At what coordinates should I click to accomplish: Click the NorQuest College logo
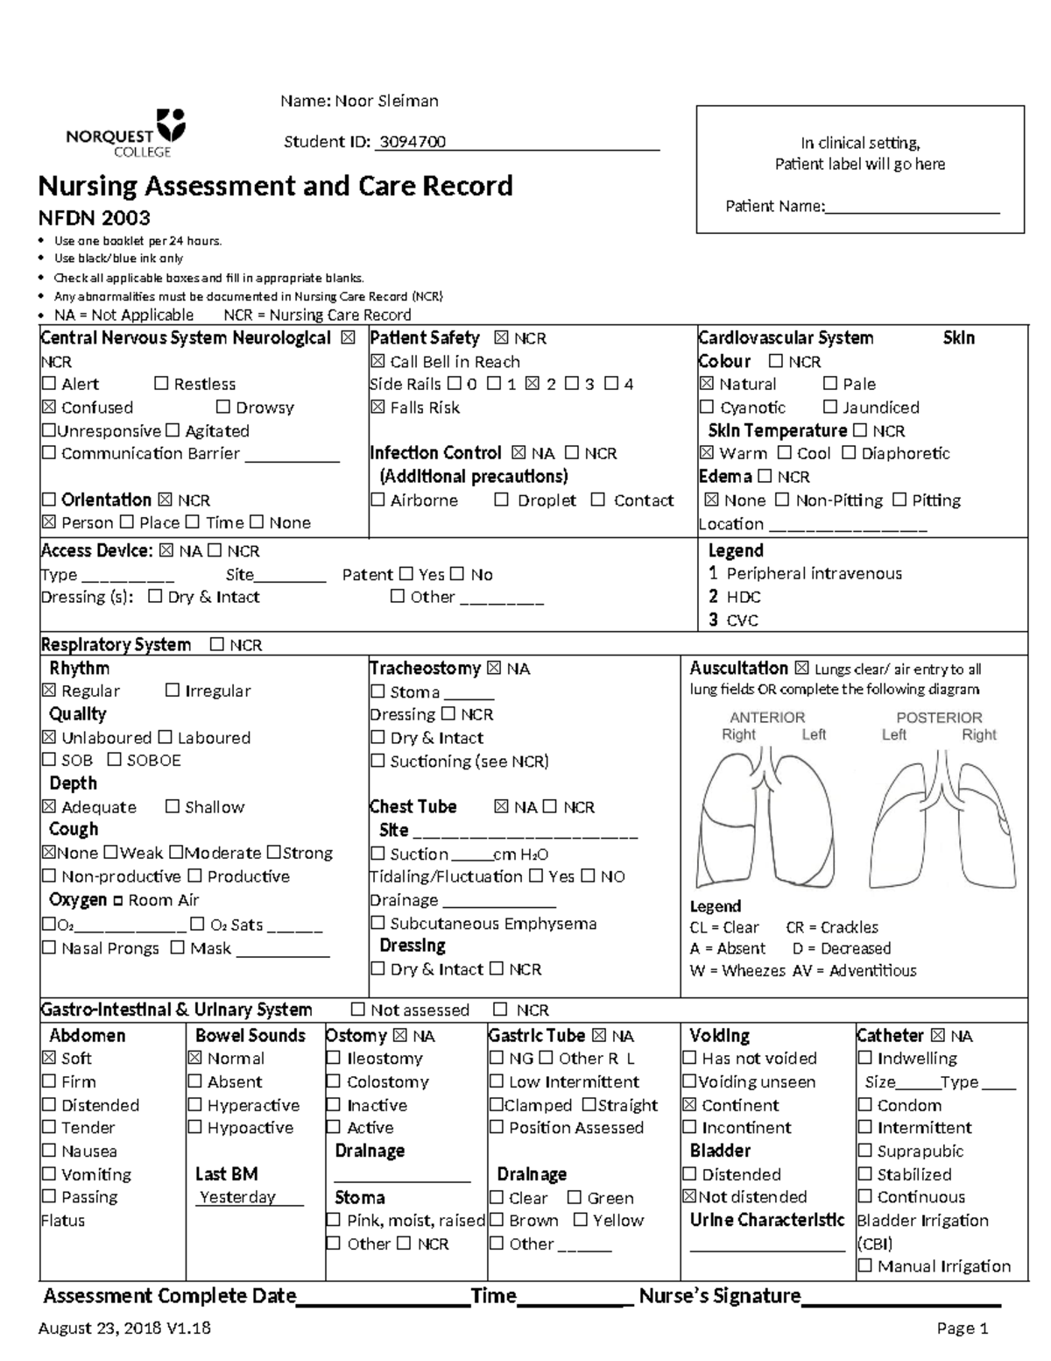125,132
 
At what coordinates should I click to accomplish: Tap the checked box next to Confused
49,408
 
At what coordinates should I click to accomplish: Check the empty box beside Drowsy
222,408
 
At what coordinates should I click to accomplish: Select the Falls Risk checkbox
377,408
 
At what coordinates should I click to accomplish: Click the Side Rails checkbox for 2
533,384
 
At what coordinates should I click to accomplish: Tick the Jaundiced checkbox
830,408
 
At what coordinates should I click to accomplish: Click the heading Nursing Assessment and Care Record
275,186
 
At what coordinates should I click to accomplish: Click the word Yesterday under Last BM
237,1197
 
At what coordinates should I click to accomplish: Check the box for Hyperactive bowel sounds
195,1105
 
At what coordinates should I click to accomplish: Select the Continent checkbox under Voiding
690,1105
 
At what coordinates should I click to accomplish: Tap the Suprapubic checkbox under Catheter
865,1152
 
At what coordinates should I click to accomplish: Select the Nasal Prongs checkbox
49,948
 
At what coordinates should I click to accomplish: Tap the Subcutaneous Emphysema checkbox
377,924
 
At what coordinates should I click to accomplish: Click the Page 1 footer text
962,1329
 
